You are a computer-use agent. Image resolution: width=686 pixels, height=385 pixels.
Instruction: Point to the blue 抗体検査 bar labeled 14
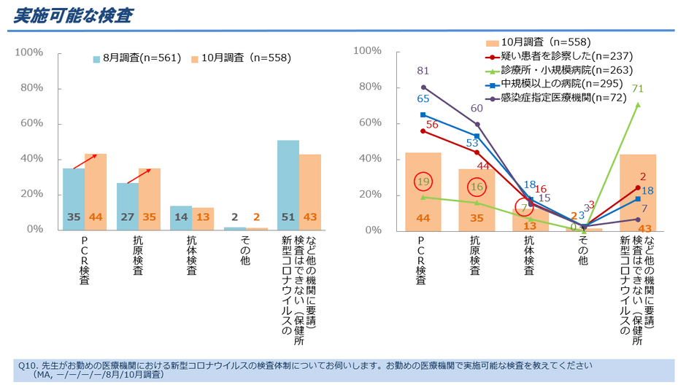tap(181, 217)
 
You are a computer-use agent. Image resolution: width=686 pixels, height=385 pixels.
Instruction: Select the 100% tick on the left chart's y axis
tap(30, 52)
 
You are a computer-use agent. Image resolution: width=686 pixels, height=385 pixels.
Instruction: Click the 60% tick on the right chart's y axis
tap(368, 123)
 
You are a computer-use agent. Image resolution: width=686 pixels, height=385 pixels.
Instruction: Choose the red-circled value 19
tap(423, 182)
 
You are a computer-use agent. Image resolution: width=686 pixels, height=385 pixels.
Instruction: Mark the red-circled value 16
tap(477, 187)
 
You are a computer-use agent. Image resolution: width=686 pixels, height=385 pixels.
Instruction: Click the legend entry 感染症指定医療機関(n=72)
tap(563, 98)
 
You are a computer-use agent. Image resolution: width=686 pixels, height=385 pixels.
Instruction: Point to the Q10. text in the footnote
tap(27, 365)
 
